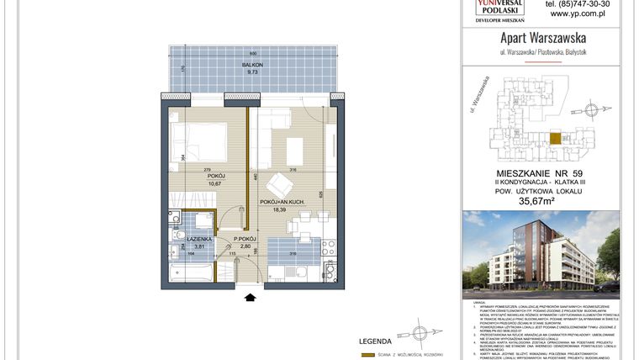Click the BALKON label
pos(251,65)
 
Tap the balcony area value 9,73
pos(251,72)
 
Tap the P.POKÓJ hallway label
pos(245,239)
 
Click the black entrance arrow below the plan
pos(249,295)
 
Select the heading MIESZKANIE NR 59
pos(541,171)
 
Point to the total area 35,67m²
pos(541,201)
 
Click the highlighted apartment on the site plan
pos(555,140)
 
